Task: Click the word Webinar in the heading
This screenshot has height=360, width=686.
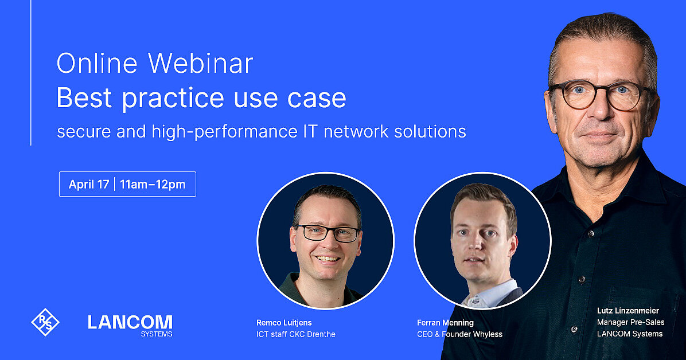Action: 201,64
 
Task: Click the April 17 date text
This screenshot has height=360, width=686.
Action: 89,185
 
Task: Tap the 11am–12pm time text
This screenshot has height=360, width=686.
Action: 153,185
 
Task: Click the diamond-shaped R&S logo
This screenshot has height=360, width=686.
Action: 45,322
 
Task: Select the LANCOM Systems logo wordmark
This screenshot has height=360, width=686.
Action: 130,324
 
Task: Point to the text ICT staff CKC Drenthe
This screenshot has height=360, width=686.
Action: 296,334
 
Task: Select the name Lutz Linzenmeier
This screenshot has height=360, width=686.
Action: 628,311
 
